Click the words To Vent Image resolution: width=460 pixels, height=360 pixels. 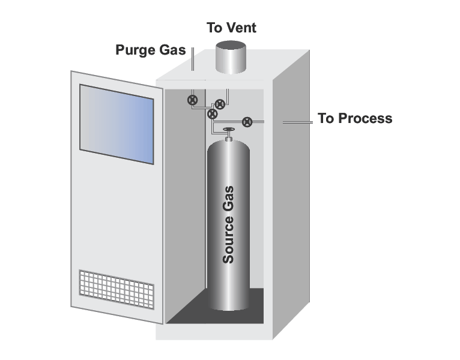tap(231, 28)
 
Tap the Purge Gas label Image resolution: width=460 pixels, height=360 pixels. tap(150, 50)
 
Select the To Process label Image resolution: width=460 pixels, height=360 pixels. tap(355, 118)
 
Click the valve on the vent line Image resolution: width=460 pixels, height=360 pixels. tap(220, 104)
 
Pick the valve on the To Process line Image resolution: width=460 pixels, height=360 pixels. tap(246, 122)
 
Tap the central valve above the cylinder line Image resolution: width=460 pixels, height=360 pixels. tap(212, 113)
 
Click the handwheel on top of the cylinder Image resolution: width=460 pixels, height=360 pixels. tap(228, 130)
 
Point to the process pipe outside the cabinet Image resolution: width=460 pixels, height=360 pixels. tap(297, 122)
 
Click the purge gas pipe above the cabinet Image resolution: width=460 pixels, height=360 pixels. tap(192, 61)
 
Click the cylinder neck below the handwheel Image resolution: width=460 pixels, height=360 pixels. tap(228, 137)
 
